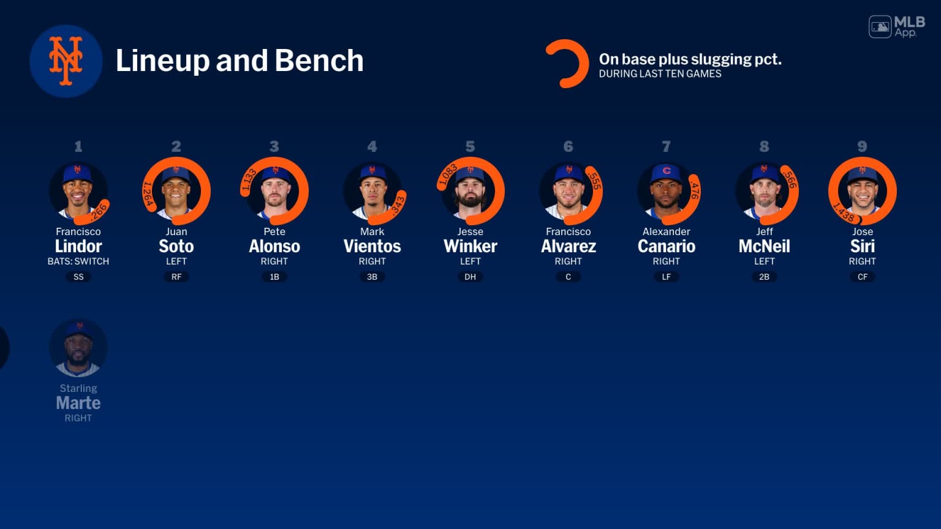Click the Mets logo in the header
tap(66, 61)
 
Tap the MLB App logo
tap(897, 26)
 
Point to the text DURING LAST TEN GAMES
tap(660, 74)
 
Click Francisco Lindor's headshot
tap(78, 191)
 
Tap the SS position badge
tap(78, 277)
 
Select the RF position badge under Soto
tap(176, 277)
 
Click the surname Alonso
tap(274, 246)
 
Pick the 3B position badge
tap(372, 277)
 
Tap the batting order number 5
tap(470, 146)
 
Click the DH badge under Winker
tap(470, 277)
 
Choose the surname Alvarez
tap(568, 246)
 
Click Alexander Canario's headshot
tap(666, 191)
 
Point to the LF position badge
tap(666, 277)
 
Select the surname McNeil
tap(764, 246)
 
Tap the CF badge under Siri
tap(862, 277)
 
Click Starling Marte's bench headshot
tap(78, 348)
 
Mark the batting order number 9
tap(862, 146)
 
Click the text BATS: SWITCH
tap(78, 261)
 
